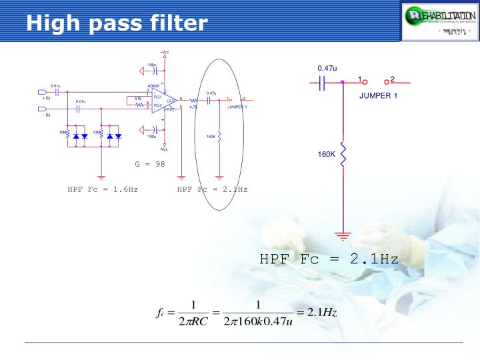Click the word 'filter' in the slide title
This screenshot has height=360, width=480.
coord(175,24)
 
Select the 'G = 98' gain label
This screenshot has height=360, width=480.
coord(150,163)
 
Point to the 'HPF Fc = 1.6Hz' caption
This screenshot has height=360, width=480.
coord(103,189)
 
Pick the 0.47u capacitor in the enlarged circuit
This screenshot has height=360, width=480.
coord(323,82)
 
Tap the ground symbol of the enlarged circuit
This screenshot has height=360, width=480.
coord(343,235)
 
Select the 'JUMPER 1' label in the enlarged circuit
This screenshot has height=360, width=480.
coord(378,96)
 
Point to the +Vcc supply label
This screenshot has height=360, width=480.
coord(165,52)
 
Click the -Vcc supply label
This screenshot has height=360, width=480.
coord(164,149)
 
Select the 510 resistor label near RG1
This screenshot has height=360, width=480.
coord(138,98)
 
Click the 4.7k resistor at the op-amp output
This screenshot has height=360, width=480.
coord(193,100)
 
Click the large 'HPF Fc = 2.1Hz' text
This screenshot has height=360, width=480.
coord(329,258)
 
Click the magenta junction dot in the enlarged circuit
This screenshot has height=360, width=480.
coord(343,83)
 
